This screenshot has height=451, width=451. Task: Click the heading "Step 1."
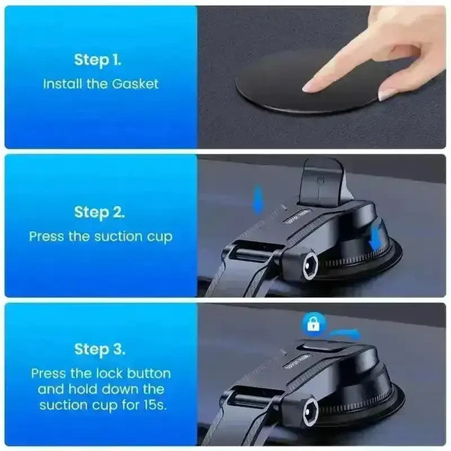[98, 60]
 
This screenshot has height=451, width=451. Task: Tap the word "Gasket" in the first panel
[135, 84]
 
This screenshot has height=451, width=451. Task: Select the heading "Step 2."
[99, 212]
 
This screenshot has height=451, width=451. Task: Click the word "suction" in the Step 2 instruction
[118, 237]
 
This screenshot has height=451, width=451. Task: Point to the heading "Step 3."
[100, 350]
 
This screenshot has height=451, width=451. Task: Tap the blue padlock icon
[313, 324]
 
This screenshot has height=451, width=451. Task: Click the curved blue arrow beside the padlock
[344, 334]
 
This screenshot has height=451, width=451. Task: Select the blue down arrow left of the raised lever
[258, 200]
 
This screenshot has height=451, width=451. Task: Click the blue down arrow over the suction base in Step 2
[376, 238]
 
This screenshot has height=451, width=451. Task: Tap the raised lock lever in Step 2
[322, 181]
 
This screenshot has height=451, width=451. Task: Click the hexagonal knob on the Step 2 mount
[310, 266]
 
